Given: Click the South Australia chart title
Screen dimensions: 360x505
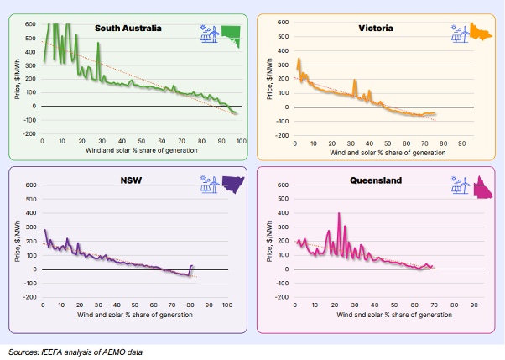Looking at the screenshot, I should click(128, 28).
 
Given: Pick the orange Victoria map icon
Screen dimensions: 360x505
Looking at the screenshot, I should click(482, 33).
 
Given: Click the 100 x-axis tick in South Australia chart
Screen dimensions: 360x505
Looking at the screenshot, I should click(239, 140).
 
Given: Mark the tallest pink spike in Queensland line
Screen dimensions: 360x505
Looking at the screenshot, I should click(339, 214).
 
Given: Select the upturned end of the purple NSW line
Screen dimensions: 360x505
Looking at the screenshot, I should click(192, 266).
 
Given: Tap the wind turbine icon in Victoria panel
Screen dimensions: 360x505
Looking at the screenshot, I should click(459, 34).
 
